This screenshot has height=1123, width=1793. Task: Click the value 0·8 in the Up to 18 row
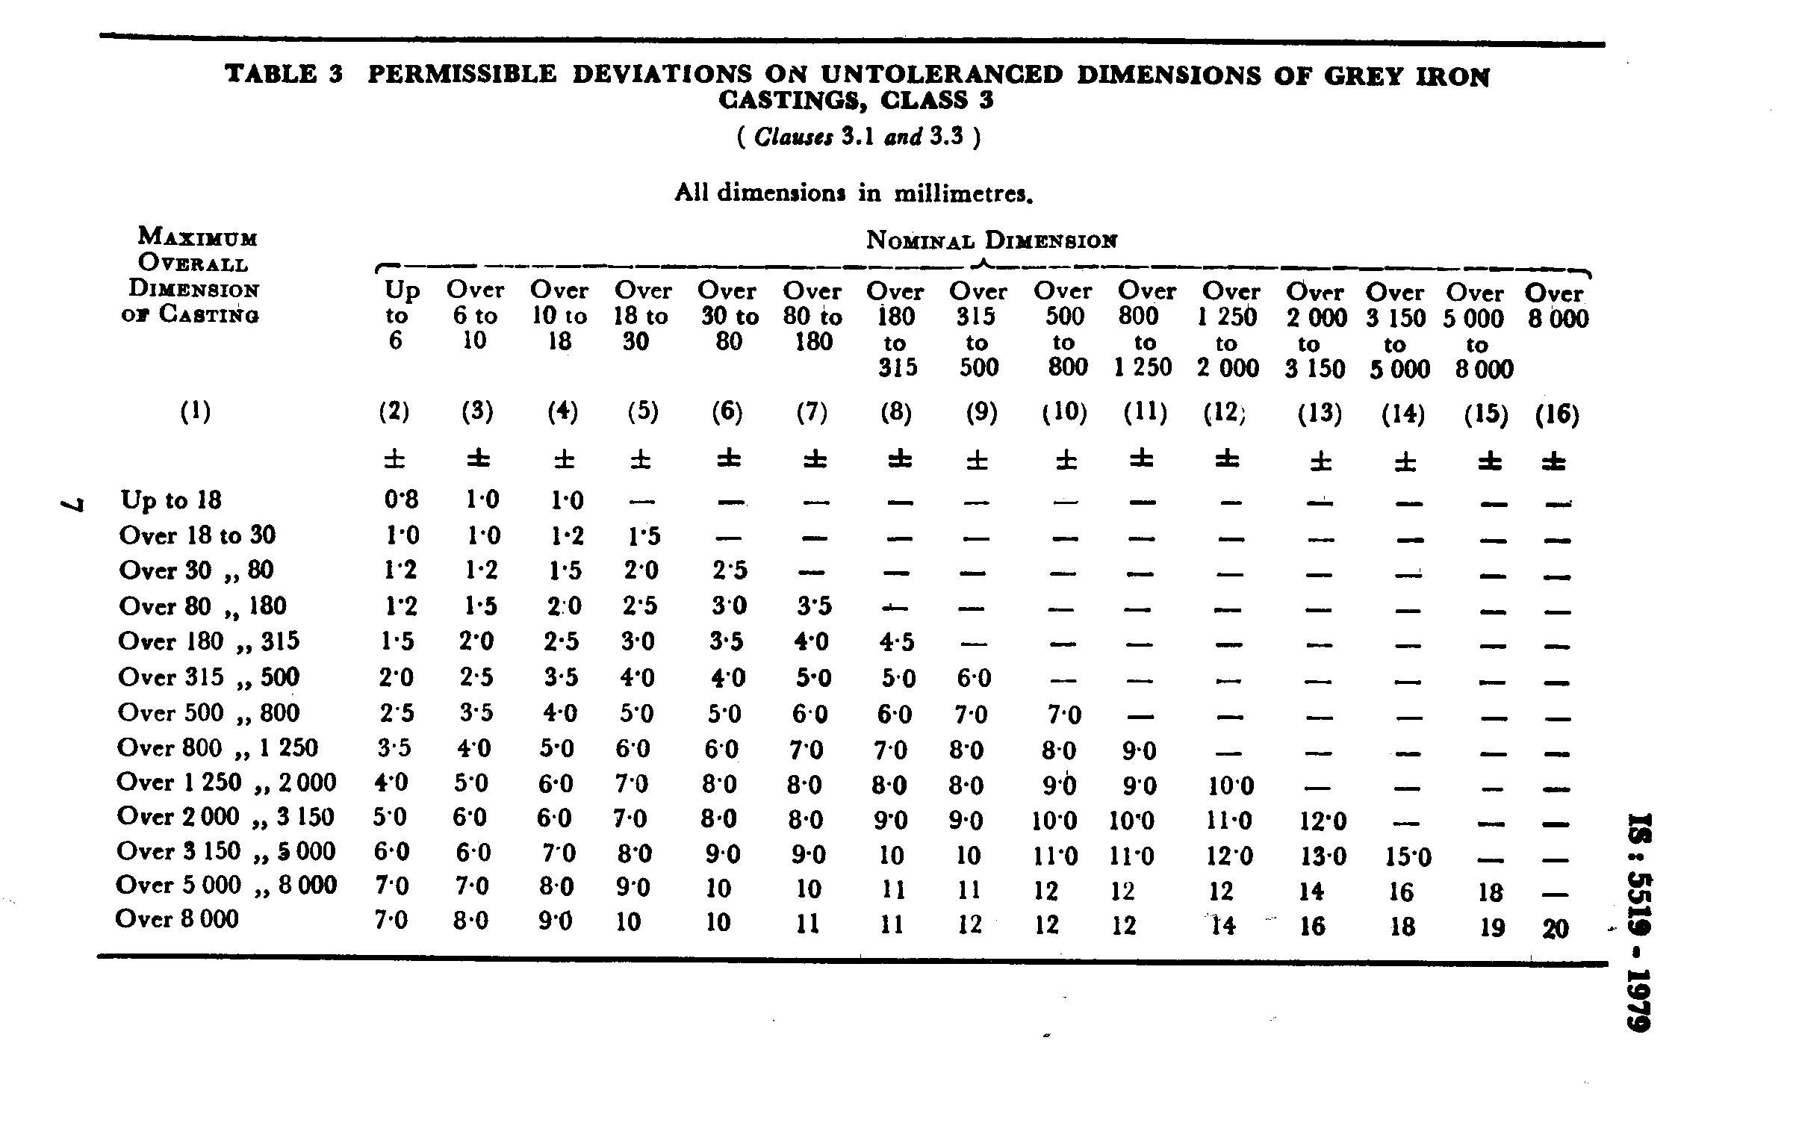[401, 500]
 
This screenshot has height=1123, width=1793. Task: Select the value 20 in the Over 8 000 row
[1556, 928]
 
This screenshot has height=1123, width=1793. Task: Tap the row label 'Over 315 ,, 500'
[208, 677]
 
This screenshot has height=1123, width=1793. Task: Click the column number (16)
[1557, 414]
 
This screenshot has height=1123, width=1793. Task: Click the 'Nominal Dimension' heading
[992, 240]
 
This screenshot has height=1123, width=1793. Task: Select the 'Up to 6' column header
[402, 315]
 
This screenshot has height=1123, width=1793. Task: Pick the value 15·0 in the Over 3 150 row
[1408, 856]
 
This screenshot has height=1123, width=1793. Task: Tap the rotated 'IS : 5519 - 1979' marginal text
[1640, 921]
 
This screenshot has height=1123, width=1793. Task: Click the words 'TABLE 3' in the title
[284, 74]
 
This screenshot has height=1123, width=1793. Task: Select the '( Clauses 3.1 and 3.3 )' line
[858, 137]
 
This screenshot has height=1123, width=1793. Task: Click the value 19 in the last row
[1491, 927]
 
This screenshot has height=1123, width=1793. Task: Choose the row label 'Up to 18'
[171, 500]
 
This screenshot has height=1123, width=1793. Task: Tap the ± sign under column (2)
[394, 458]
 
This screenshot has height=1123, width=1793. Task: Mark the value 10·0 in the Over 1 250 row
[1230, 786]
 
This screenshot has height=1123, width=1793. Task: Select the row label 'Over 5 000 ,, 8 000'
[226, 886]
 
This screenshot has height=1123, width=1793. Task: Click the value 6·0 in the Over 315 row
[973, 678]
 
